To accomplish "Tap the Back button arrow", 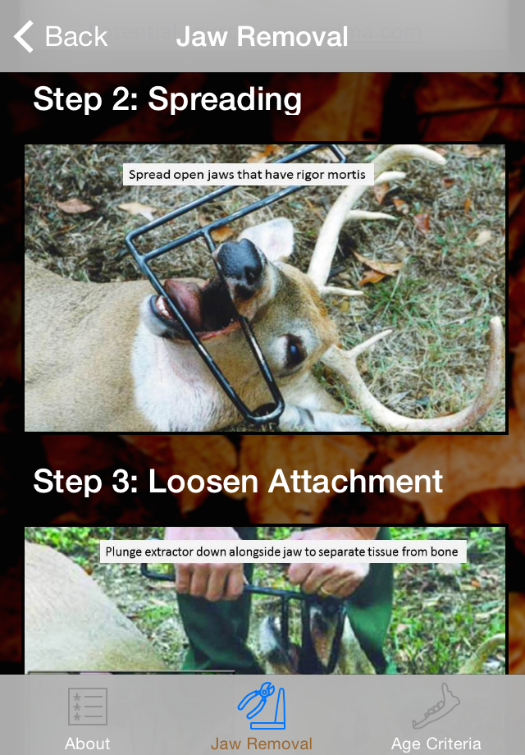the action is pyautogui.click(x=23, y=36).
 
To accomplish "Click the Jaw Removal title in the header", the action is pyautogui.click(x=262, y=37).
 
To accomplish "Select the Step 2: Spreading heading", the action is pyautogui.click(x=167, y=99).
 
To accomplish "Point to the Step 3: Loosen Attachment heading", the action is pyautogui.click(x=238, y=481).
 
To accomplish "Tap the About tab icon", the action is pyautogui.click(x=88, y=707).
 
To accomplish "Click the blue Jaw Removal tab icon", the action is pyautogui.click(x=262, y=706).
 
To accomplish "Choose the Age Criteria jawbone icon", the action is pyautogui.click(x=436, y=706).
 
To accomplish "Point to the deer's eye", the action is pyautogui.click(x=294, y=350).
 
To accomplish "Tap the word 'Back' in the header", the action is pyautogui.click(x=76, y=37).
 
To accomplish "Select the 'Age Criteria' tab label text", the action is pyautogui.click(x=436, y=744).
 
